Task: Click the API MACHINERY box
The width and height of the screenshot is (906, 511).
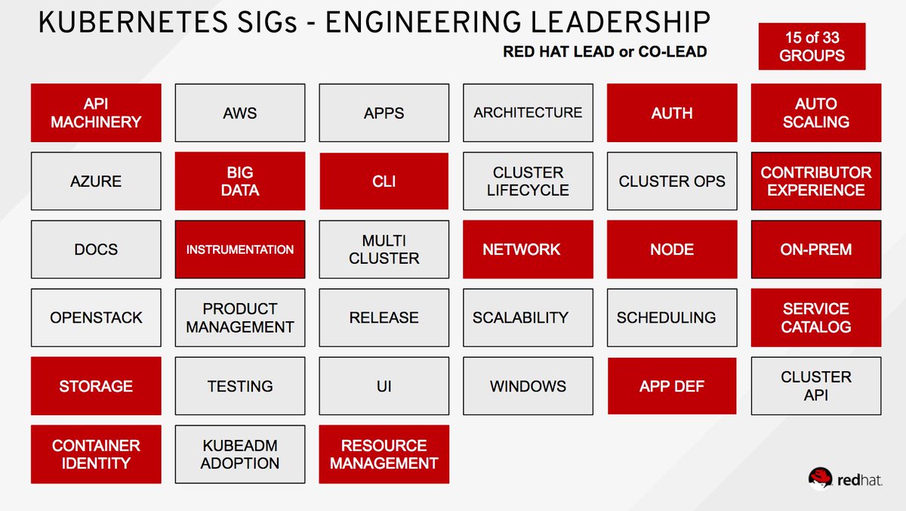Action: pos(96,113)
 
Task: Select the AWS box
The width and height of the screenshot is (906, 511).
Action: pos(240,113)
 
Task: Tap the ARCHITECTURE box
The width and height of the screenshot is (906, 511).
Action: pos(528,113)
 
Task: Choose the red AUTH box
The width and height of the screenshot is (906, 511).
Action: pos(672,113)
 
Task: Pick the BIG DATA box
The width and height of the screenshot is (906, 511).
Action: pos(240,181)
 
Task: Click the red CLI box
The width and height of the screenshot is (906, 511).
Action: pos(384,181)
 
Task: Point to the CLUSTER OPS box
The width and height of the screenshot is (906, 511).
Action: pos(672,181)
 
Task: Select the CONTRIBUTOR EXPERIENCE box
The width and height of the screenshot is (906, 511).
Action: pos(816,181)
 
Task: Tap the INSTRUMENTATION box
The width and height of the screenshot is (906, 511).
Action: pos(240,249)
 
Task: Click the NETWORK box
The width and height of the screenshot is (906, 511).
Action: pos(528,249)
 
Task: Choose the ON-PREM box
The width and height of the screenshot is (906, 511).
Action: pos(816,249)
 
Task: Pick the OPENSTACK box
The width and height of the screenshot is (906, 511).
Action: pos(96,317)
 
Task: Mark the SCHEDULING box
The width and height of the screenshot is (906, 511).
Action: pos(672,317)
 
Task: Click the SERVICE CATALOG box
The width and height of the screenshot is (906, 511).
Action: pos(816,317)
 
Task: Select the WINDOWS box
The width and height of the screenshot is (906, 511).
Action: pos(528,386)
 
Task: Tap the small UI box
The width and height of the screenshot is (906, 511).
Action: pos(384,386)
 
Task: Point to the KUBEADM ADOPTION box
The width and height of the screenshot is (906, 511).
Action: pos(240,454)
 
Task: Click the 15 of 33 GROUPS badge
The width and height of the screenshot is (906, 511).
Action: pos(812,46)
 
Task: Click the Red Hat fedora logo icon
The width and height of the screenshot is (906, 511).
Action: pos(820,478)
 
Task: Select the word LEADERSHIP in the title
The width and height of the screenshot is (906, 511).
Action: pos(620,22)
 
